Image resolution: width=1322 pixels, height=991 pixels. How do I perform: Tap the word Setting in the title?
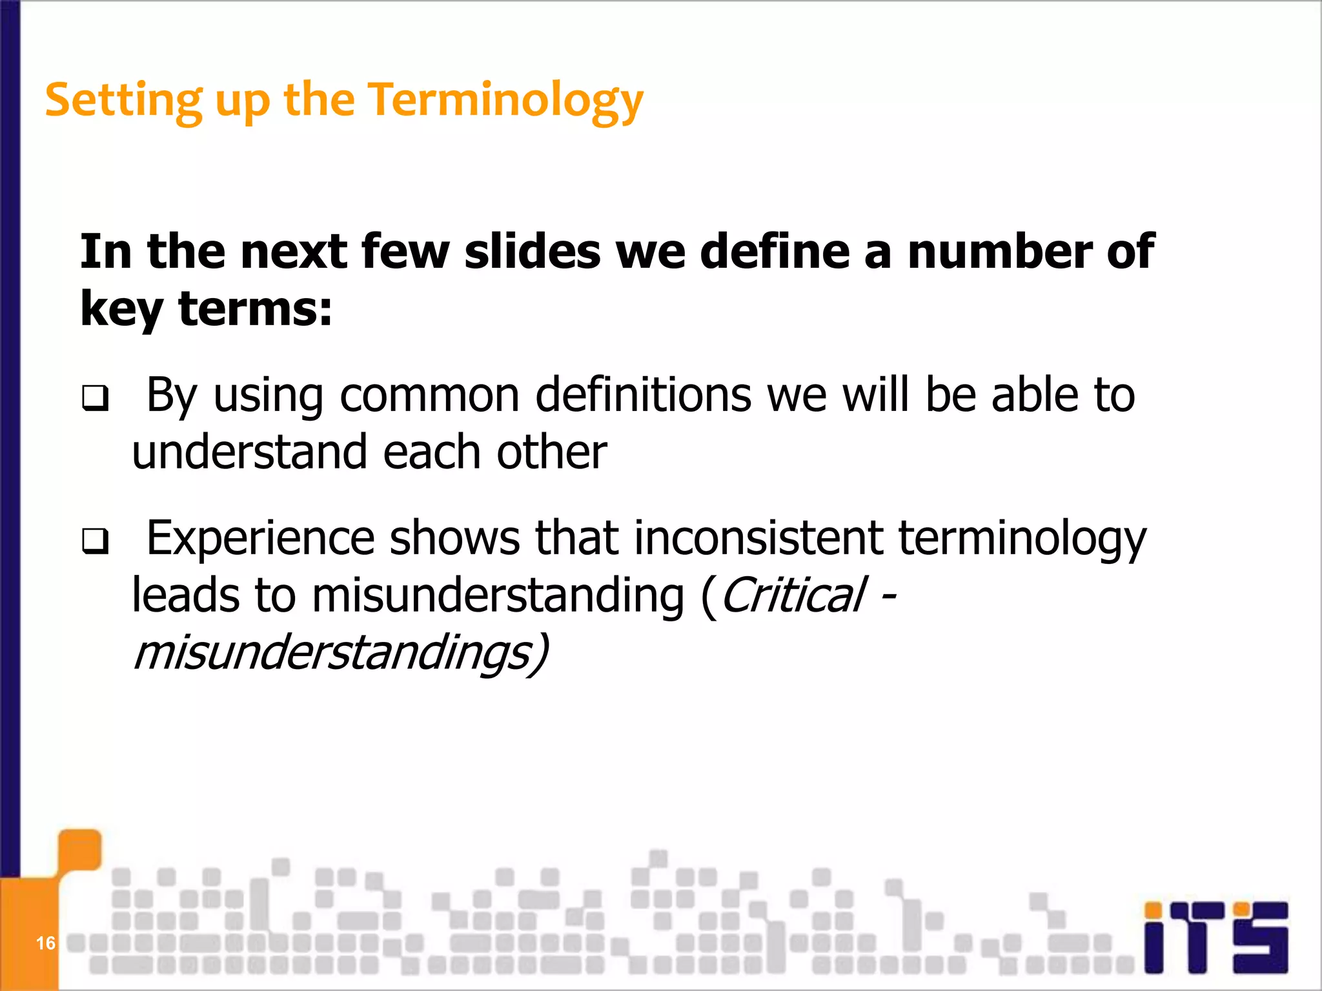click(x=123, y=101)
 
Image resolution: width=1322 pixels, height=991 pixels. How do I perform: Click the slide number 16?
click(x=45, y=943)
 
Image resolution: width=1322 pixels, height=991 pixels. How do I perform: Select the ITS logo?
click(x=1216, y=937)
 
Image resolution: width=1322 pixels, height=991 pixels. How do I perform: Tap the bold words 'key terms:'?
click(x=206, y=308)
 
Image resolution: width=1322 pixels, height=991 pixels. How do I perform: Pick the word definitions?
click(x=643, y=395)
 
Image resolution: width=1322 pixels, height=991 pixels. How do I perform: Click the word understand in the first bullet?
click(x=249, y=452)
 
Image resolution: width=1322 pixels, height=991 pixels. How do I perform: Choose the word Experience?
click(x=260, y=538)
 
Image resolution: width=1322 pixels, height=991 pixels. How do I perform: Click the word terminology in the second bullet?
click(x=1022, y=538)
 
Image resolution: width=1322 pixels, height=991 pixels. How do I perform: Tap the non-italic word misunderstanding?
click(x=498, y=595)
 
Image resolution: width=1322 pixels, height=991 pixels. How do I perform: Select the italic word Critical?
click(x=793, y=595)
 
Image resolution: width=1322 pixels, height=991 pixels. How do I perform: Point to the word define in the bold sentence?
click(x=774, y=251)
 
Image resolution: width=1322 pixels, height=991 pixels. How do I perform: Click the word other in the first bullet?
click(x=551, y=452)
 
